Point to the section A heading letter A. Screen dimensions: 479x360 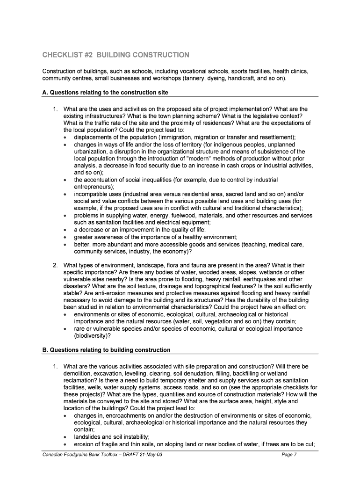click(x=39, y=93)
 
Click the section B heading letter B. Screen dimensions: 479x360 click(x=39, y=350)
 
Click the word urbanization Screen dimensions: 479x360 click(x=92, y=152)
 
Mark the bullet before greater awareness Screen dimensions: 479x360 click(x=65, y=237)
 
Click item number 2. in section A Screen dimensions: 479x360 click(x=55, y=265)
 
